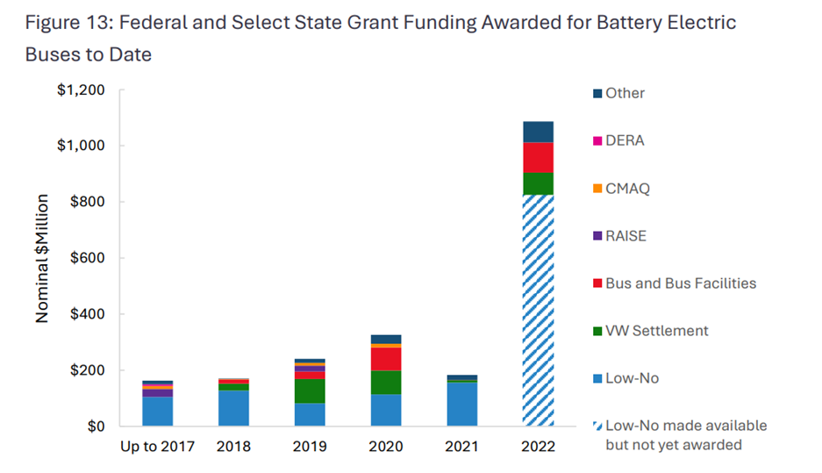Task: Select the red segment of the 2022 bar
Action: pos(538,157)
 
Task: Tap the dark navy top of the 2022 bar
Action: pos(538,132)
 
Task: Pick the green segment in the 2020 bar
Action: pos(386,382)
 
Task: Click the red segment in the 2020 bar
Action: pos(386,359)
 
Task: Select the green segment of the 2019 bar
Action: pos(310,391)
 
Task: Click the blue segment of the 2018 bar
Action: pos(233,408)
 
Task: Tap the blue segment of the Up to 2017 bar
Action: pos(158,412)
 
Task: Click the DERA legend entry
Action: pos(624,140)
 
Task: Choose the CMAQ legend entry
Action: pos(626,188)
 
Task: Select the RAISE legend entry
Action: pos(625,235)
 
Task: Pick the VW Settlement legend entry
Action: pos(656,331)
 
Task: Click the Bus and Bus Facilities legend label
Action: pos(681,283)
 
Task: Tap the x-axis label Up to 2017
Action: pos(158,446)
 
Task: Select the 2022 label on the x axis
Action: pos(538,446)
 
